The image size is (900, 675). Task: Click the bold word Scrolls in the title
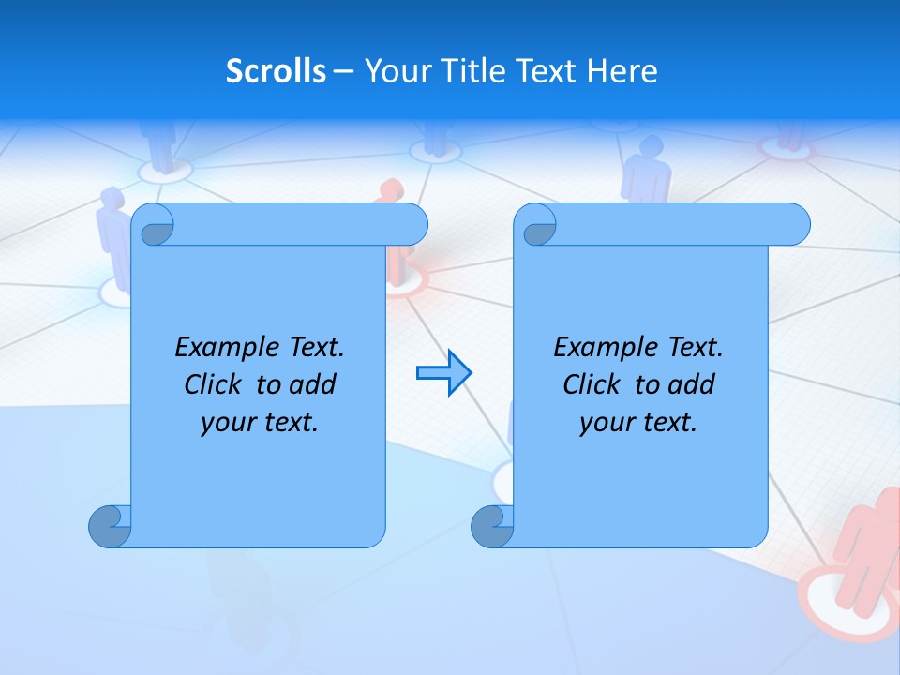276,71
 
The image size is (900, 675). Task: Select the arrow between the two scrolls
443,373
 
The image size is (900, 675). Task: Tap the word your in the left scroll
228,423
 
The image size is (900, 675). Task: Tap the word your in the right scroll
607,423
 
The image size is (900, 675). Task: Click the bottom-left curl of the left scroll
108,526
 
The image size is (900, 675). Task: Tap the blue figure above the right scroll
647,169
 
